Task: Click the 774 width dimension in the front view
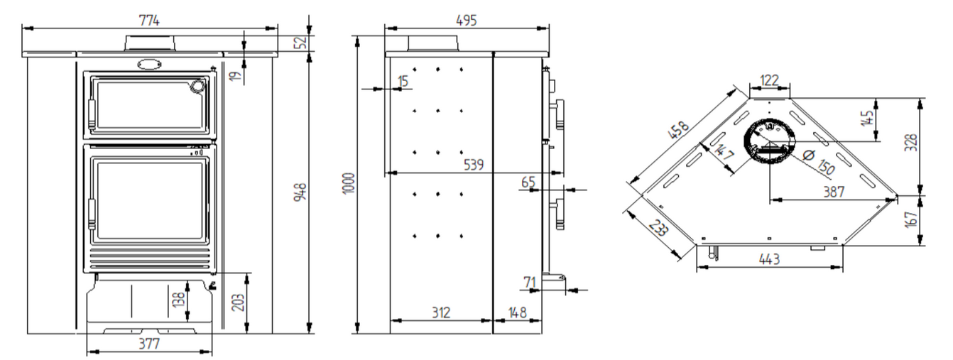tap(149, 20)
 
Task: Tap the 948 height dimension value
tap(300, 192)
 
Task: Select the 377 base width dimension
tap(149, 344)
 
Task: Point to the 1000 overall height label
tap(349, 183)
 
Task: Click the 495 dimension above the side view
tap(467, 20)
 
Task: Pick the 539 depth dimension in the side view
tap(474, 164)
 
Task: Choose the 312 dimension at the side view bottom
tap(441, 312)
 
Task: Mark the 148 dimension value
tap(518, 312)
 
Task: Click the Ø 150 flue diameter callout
tap(818, 161)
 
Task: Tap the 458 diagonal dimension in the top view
tap(678, 130)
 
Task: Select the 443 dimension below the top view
tap(769, 258)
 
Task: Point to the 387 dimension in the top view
tap(834, 192)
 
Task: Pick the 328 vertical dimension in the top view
tap(911, 143)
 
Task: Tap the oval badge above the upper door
tap(149, 64)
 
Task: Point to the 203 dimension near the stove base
tap(239, 302)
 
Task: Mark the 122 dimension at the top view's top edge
tap(769, 80)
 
